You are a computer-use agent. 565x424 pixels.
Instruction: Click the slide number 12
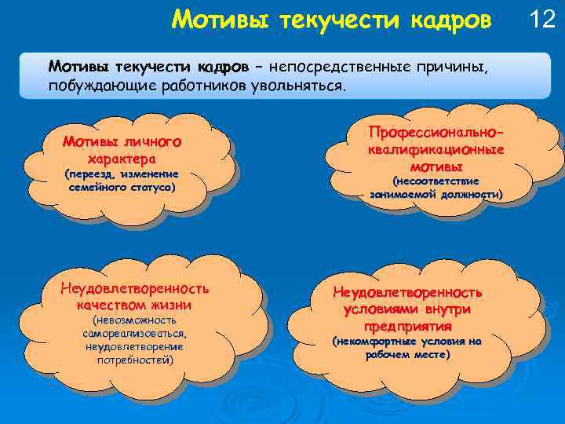[542, 19]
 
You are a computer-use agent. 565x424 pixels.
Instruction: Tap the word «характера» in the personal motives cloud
[122, 157]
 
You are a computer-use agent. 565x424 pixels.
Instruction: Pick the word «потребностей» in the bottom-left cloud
[135, 360]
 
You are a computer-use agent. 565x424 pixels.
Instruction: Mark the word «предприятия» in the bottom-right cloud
[408, 326]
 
